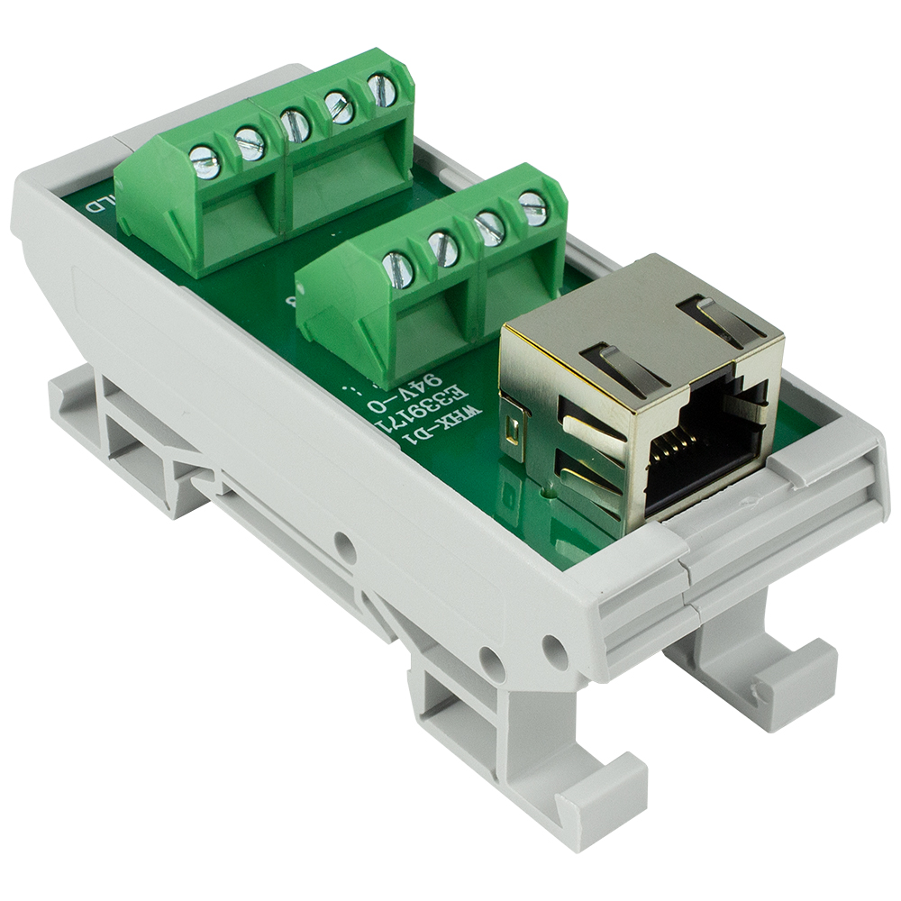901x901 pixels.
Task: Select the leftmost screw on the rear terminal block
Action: tap(205, 161)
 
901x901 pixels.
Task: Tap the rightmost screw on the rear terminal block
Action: tap(382, 90)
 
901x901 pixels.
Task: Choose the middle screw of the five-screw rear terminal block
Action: tap(296, 124)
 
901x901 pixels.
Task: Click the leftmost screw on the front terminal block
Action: tap(397, 269)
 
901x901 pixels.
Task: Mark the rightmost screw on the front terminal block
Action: tap(532, 207)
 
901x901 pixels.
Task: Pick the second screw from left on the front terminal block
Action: tap(443, 248)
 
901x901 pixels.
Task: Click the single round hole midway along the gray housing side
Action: tap(342, 543)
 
